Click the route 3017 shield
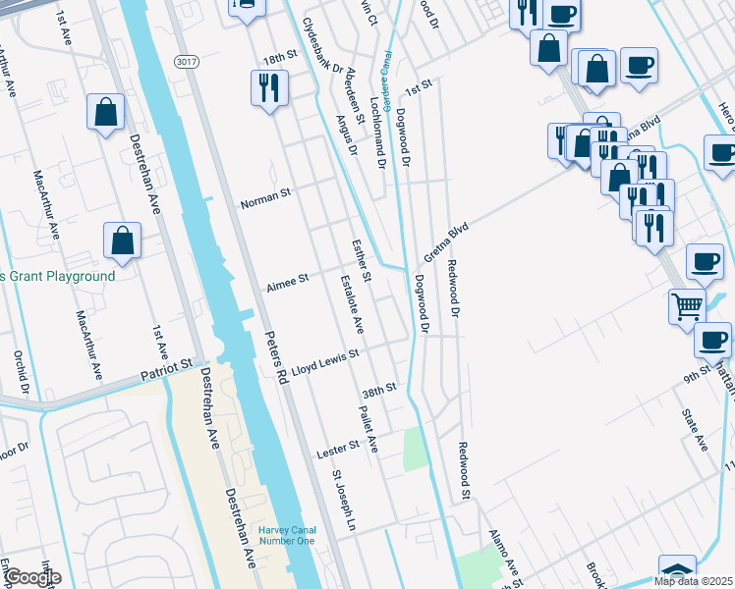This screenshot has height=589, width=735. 185,62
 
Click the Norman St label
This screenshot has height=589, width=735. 265,194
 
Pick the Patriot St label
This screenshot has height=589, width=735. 166,370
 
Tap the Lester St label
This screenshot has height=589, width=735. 338,451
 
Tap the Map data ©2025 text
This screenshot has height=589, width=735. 692,581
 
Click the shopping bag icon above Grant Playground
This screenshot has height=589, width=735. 122,240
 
